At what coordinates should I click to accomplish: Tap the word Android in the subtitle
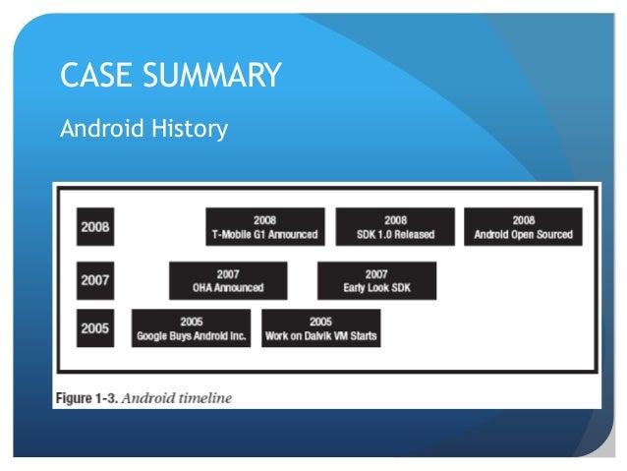click(97, 129)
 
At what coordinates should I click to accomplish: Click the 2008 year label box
click(95, 227)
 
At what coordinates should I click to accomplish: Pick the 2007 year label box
click(95, 280)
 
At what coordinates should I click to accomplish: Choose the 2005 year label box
click(95, 328)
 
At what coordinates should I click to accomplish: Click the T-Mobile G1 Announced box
click(264, 227)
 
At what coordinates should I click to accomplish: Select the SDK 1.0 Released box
click(395, 227)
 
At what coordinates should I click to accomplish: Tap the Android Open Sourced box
click(523, 227)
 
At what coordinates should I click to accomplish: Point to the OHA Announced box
click(228, 280)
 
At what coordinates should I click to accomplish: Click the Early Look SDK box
click(376, 280)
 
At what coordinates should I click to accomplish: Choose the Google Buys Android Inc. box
click(191, 328)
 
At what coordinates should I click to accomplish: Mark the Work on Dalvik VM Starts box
click(320, 328)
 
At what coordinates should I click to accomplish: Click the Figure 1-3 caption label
click(86, 398)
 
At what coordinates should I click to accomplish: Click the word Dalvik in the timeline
click(320, 336)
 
